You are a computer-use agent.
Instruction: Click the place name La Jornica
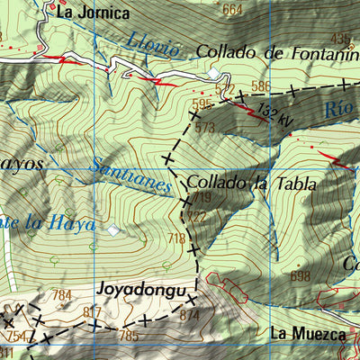click(x=93, y=13)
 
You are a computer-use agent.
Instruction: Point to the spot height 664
click(x=232, y=10)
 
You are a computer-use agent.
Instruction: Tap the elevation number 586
click(x=261, y=86)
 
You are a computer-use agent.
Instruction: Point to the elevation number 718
click(x=176, y=238)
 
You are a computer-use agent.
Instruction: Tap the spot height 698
click(x=300, y=274)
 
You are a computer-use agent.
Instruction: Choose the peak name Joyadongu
click(x=143, y=292)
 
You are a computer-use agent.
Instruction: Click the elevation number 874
click(x=189, y=315)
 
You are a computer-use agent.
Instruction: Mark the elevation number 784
click(x=61, y=295)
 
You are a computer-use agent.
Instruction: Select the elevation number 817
click(x=92, y=312)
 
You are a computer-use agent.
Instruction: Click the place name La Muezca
click(x=308, y=334)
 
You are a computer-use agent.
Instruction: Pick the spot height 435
click(x=339, y=38)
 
